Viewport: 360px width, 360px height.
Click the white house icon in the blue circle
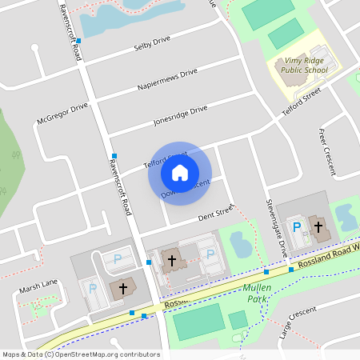(x=180, y=172)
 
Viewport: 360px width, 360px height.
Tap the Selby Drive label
(x=152, y=42)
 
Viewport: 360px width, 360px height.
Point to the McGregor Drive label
(x=62, y=115)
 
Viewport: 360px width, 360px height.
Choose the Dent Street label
(x=215, y=211)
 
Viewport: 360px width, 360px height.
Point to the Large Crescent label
(x=297, y=323)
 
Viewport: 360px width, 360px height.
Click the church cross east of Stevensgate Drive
(x=318, y=227)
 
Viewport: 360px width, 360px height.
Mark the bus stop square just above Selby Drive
(x=78, y=40)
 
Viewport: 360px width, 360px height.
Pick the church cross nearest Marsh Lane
(x=123, y=288)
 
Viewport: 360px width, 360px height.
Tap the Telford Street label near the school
(x=301, y=106)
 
